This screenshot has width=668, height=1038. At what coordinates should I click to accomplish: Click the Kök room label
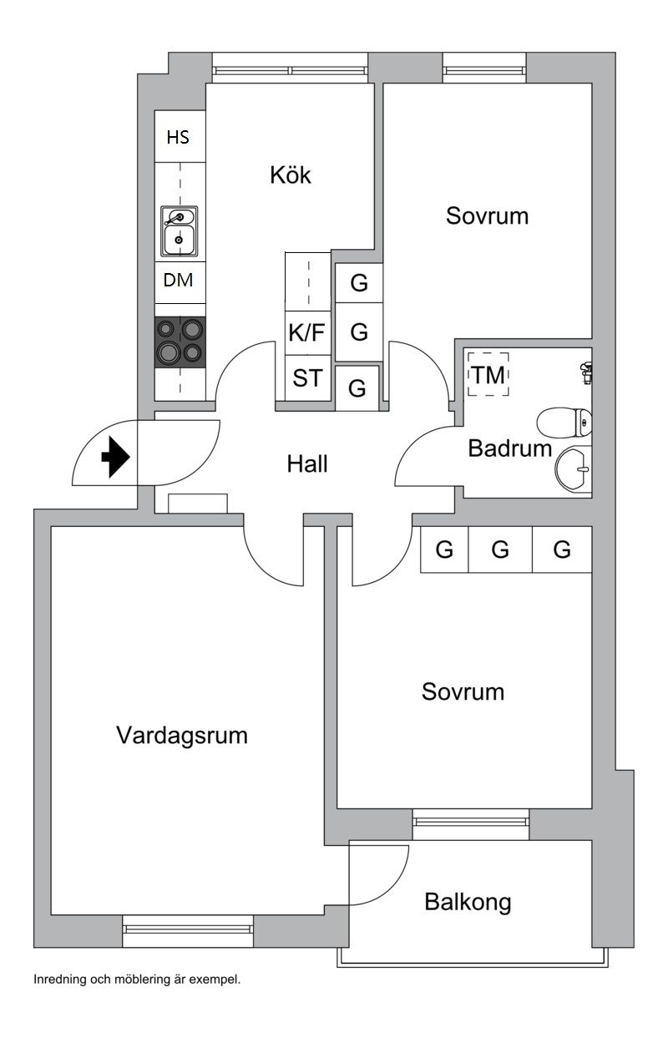[x=291, y=176]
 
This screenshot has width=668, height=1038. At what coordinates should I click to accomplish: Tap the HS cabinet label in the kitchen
[x=178, y=138]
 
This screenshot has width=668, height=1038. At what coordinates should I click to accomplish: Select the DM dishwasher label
[x=178, y=281]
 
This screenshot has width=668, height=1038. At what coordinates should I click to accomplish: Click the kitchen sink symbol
[x=179, y=230]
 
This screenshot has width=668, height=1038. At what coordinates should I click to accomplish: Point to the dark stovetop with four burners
[x=180, y=342]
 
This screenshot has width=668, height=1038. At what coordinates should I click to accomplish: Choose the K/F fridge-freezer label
[x=306, y=333]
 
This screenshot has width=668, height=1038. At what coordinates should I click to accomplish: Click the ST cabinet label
[x=306, y=378]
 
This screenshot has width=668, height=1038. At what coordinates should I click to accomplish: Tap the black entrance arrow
[x=114, y=458]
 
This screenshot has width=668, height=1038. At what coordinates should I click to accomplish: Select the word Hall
[x=307, y=464]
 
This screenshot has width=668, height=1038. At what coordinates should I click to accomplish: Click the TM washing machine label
[x=488, y=376]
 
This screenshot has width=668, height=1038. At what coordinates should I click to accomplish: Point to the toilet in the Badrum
[x=564, y=423]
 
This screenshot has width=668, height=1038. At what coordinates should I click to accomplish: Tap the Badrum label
[x=510, y=449]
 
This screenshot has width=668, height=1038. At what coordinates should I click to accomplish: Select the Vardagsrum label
[x=182, y=736]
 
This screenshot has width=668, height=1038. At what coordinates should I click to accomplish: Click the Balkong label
[x=468, y=902]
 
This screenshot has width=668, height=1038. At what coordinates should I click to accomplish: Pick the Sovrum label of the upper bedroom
[x=488, y=216]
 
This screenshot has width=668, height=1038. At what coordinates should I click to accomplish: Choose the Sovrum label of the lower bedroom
[x=463, y=692]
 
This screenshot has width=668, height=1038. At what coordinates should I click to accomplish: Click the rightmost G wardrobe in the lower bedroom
[x=562, y=550]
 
